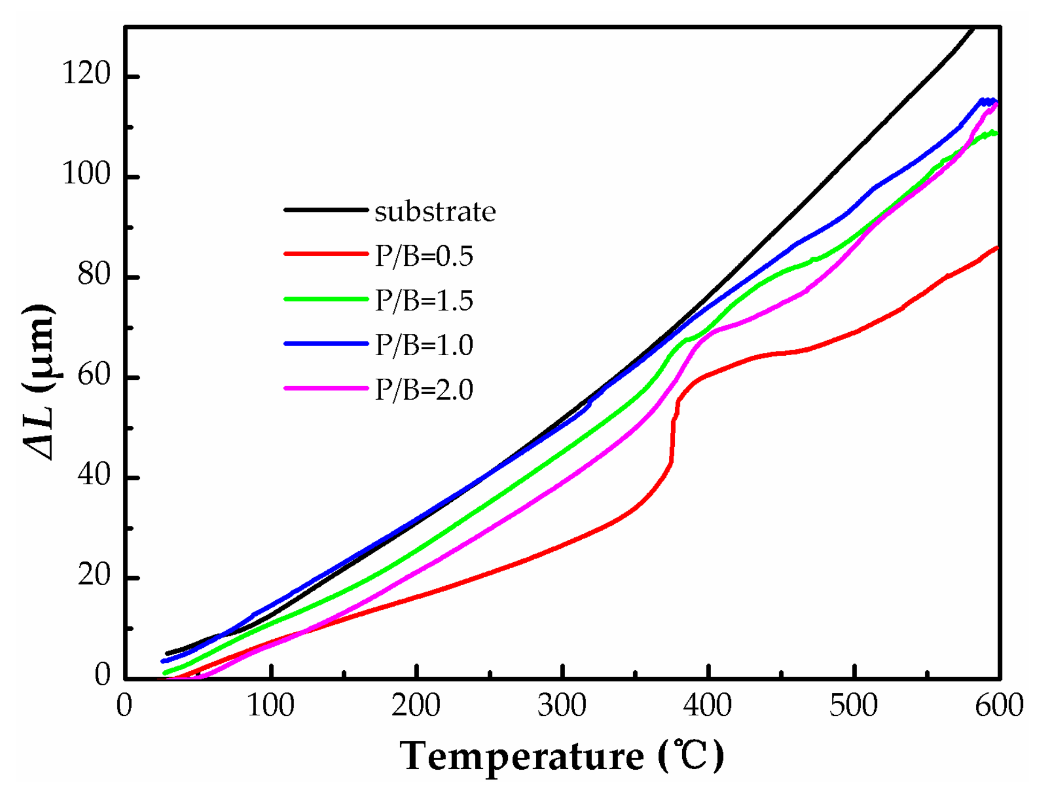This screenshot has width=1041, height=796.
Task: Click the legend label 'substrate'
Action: point(435,212)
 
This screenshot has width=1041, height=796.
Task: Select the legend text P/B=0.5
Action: point(424,256)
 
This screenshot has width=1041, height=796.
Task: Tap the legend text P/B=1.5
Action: point(424,301)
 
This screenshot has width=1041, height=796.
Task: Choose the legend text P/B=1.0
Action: point(424,345)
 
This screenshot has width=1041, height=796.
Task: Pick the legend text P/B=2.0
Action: point(424,389)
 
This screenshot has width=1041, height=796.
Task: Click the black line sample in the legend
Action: point(326,210)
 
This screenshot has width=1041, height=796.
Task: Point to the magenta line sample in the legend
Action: point(326,387)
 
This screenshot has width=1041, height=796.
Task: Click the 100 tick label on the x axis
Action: point(271,706)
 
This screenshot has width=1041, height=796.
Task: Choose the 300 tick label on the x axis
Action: point(562,706)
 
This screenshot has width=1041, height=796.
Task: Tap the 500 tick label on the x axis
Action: point(853,706)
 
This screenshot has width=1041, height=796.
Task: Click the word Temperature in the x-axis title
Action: point(522,756)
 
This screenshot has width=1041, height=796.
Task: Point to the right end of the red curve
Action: point(997,248)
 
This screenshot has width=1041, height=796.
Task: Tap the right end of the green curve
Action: point(996,133)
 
